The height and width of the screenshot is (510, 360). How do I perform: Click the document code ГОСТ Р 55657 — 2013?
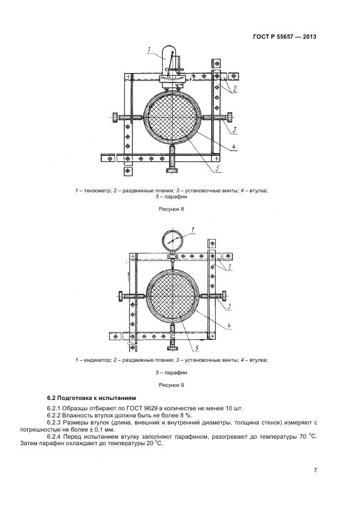coord(285,37)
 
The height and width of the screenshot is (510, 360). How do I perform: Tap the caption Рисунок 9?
coord(172,385)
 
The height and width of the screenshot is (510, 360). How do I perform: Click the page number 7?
coord(315,470)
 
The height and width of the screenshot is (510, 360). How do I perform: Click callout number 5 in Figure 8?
coord(217,169)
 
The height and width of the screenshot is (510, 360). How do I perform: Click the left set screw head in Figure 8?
coord(117,117)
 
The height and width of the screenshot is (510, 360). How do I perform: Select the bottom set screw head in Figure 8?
coord(173,171)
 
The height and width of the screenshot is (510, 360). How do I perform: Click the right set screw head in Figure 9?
coord(224,296)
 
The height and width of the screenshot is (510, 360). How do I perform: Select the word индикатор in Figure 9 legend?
coord(95,360)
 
